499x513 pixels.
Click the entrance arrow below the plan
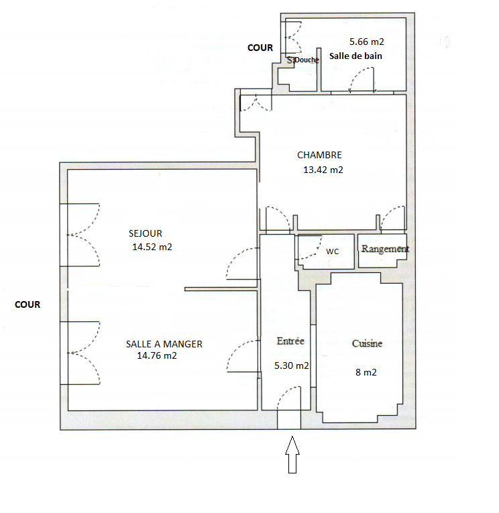[292, 455]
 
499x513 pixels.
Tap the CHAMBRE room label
[319, 155]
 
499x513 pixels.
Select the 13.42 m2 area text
[323, 170]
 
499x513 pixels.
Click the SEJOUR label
[146, 233]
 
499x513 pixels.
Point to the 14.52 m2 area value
[152, 247]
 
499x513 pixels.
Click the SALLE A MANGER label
[164, 344]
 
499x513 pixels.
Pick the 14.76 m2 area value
[157, 355]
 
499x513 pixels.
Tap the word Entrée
[290, 341]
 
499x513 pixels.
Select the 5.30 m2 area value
[292, 365]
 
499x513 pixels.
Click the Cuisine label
[367, 343]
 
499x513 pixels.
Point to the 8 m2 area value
[366, 372]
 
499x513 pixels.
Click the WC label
[333, 251]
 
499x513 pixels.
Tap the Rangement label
[385, 249]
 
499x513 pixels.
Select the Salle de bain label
[355, 56]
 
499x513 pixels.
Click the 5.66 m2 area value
[367, 42]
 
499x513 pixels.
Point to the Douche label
[307, 60]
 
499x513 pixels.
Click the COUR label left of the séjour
[27, 304]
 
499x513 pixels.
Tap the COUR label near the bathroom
[260, 48]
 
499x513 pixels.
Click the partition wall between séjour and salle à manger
[221, 289]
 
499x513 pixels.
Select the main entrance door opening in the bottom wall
[289, 419]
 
